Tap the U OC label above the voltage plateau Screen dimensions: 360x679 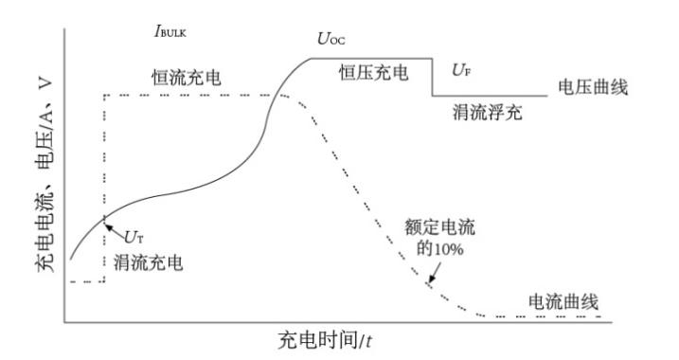click(x=333, y=40)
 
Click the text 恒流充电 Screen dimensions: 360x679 click(x=187, y=77)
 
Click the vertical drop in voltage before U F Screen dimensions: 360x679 click(x=433, y=78)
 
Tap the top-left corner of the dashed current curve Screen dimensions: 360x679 click(x=104, y=95)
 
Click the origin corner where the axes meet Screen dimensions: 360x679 click(x=63, y=323)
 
